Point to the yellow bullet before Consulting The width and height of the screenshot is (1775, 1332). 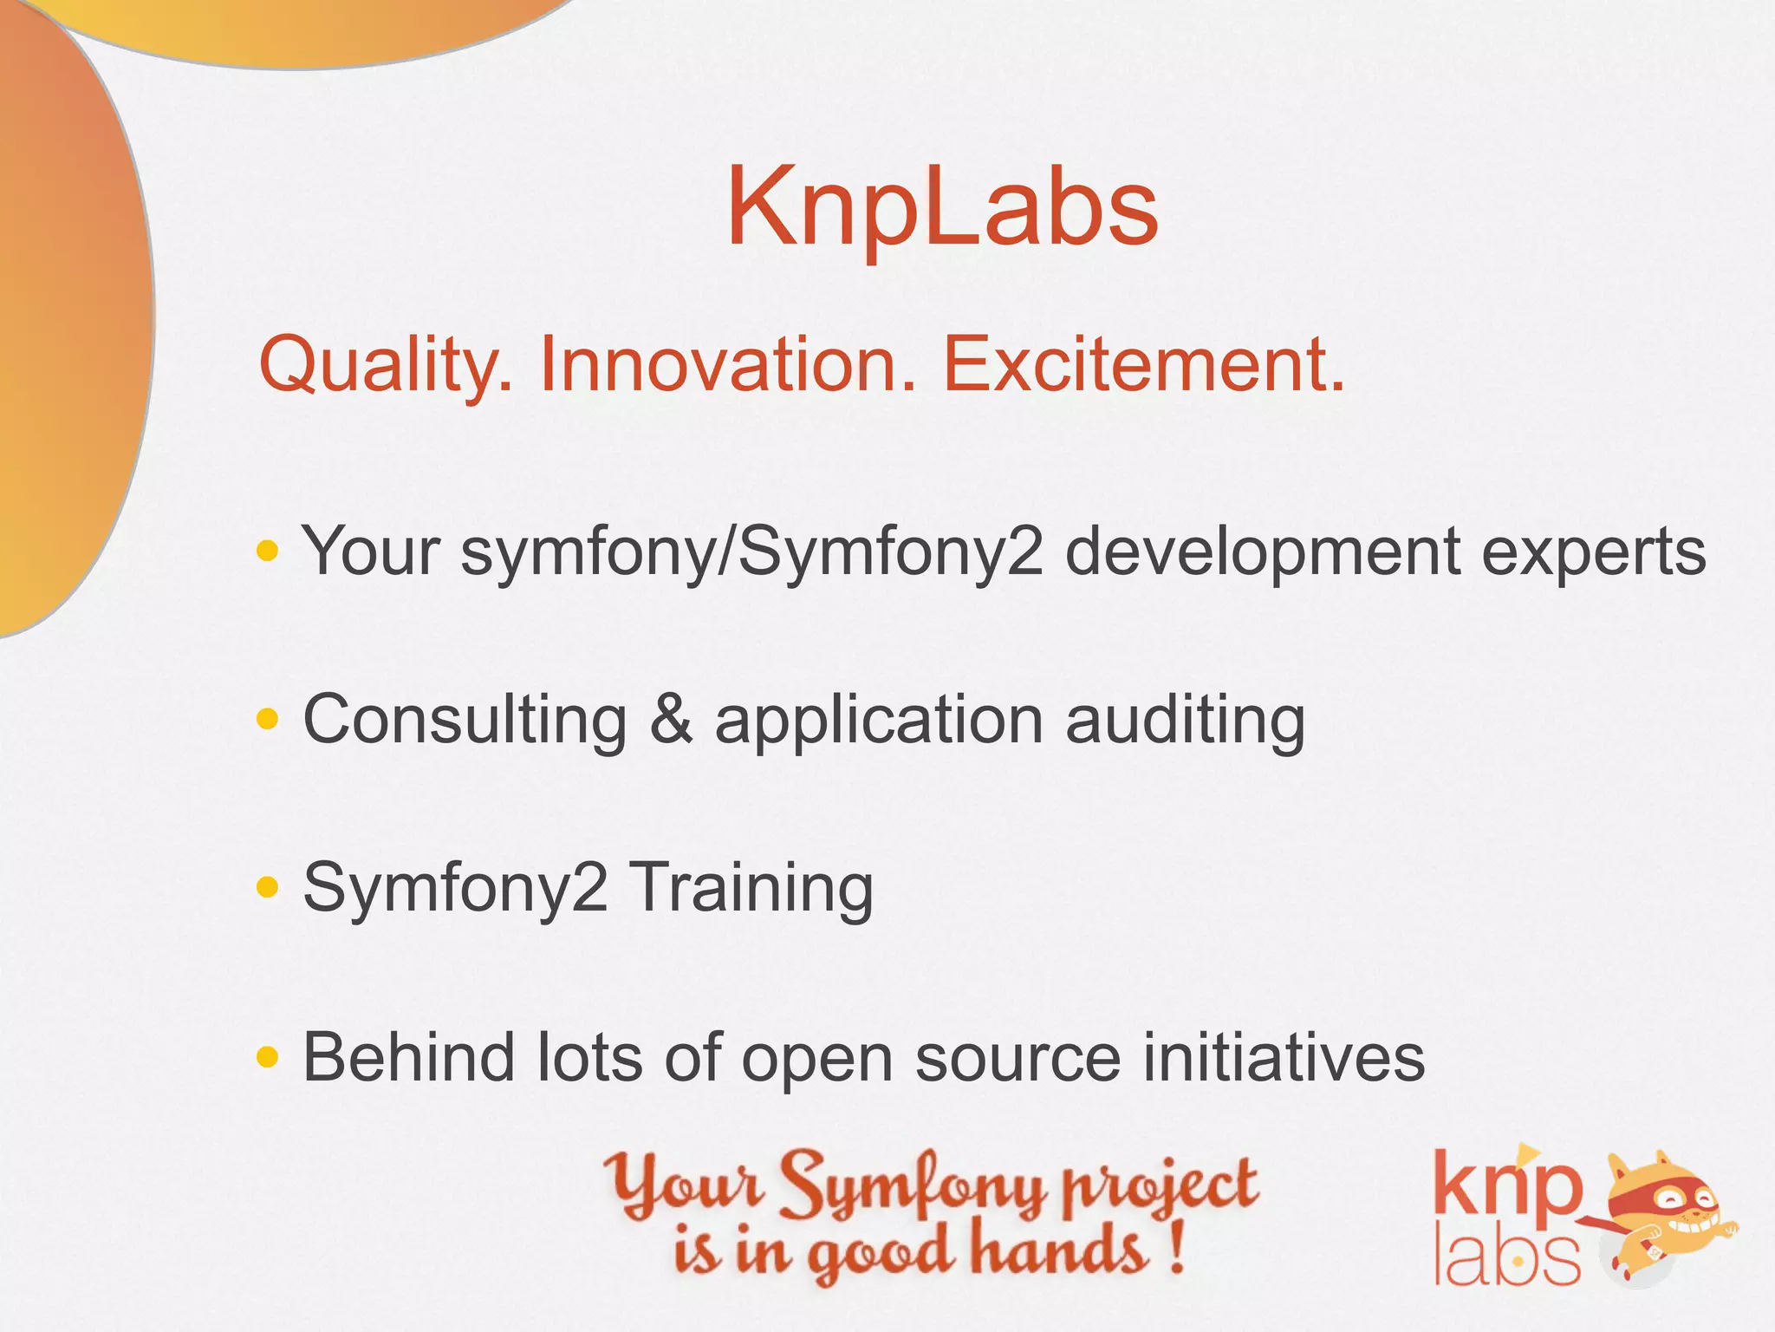[268, 718]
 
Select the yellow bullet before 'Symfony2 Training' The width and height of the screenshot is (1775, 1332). [268, 886]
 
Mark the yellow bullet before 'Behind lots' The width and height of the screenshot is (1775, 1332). [268, 1056]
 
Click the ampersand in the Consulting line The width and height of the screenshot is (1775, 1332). [671, 720]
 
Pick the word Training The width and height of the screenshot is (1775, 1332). [751, 890]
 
